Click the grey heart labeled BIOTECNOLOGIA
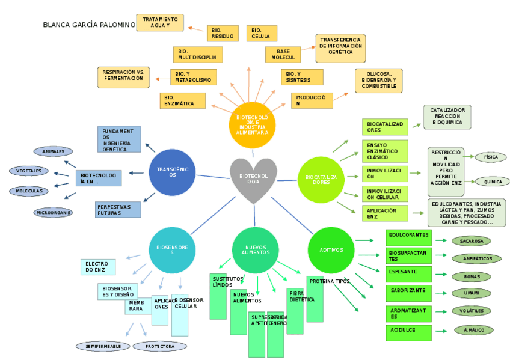(x=253, y=178)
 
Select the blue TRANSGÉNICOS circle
(x=173, y=172)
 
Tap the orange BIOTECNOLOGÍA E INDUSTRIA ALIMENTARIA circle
(x=252, y=124)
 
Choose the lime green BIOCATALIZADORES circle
(x=321, y=179)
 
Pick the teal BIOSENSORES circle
(x=173, y=249)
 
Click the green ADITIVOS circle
(x=331, y=249)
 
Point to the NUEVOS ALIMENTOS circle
(x=255, y=250)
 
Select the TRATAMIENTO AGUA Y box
(x=160, y=23)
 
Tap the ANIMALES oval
(x=54, y=151)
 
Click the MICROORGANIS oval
(x=54, y=212)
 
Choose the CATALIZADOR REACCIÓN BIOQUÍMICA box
(x=447, y=117)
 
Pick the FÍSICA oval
(x=490, y=157)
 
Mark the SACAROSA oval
(x=472, y=241)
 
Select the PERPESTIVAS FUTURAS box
(x=118, y=210)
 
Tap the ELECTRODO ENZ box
(x=97, y=267)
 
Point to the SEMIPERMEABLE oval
(x=103, y=346)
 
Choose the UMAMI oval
(x=472, y=293)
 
